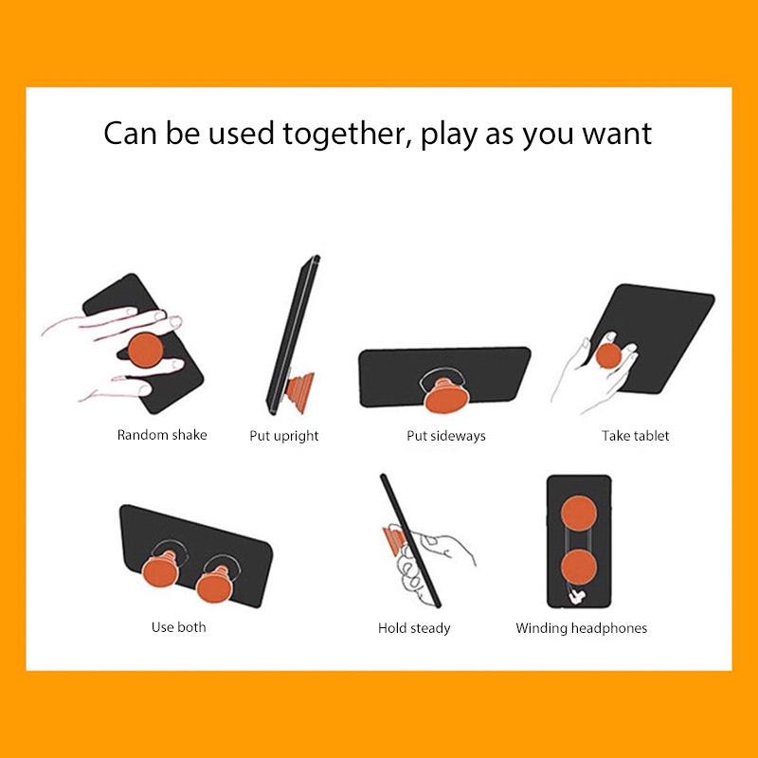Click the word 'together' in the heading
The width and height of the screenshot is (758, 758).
(344, 135)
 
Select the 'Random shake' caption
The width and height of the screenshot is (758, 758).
(162, 435)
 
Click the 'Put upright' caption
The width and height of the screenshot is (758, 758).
(284, 436)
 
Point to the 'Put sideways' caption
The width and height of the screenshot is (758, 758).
(446, 436)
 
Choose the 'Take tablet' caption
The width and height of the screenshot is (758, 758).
(635, 436)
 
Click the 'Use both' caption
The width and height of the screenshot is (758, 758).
(179, 627)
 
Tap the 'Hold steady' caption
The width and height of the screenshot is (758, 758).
(414, 628)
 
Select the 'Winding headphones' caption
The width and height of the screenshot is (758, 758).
(582, 628)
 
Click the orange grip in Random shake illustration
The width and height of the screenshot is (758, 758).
(145, 350)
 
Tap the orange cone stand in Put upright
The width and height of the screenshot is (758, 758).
(300, 392)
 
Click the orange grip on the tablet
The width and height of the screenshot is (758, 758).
(608, 356)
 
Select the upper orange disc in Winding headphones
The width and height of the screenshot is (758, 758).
(579, 514)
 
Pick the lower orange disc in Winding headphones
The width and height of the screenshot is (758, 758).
(579, 568)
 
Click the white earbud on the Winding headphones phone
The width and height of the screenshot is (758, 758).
(577, 597)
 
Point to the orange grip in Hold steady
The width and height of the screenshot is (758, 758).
(394, 540)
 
